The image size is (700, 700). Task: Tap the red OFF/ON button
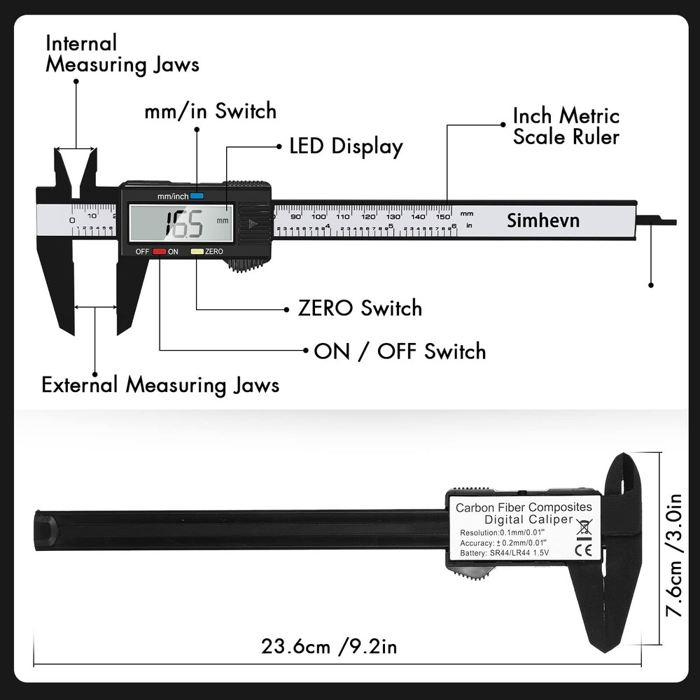(x=159, y=251)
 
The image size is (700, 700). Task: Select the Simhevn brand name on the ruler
(x=543, y=220)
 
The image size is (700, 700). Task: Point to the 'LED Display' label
(x=346, y=146)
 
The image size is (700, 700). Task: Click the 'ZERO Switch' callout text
(x=360, y=308)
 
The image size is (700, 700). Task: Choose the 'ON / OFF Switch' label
(x=400, y=351)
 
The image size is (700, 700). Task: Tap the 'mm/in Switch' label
(x=210, y=111)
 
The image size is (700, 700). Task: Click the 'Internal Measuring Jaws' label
(x=122, y=53)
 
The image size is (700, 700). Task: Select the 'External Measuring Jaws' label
(x=160, y=384)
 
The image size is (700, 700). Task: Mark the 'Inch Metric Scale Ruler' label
(x=566, y=126)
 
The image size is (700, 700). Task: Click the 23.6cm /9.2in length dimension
(x=329, y=645)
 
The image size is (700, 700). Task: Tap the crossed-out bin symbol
(x=582, y=527)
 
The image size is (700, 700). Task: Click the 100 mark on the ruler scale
(x=318, y=216)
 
